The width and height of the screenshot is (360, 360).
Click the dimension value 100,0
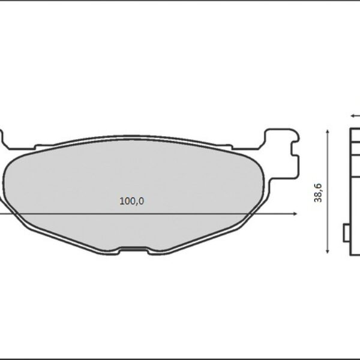pos(131,202)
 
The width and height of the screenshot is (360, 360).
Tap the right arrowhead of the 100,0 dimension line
pos(295,214)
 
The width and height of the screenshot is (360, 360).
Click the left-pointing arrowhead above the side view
pos(353,115)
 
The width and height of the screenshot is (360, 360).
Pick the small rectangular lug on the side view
pos(346,233)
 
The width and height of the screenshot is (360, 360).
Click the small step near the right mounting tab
pos(228,146)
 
